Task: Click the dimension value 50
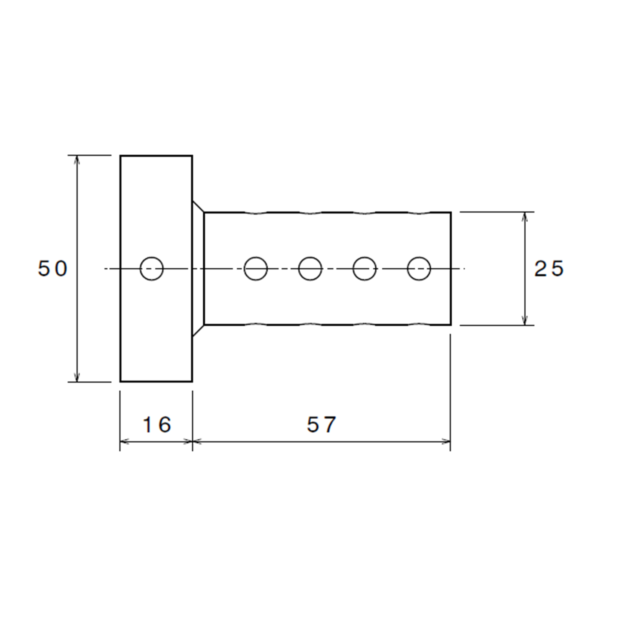point(53,269)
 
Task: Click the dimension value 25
point(549,269)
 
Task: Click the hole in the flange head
point(152,269)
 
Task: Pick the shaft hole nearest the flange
point(256,269)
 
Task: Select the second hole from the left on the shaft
point(310,269)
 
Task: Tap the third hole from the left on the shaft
point(364,269)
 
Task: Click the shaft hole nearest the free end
point(419,269)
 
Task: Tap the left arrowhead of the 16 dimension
point(124,442)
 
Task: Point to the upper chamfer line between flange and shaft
point(198,206)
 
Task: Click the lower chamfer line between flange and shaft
point(198,331)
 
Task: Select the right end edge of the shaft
point(450,269)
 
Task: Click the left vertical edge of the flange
point(120,269)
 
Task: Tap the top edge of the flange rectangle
point(156,156)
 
